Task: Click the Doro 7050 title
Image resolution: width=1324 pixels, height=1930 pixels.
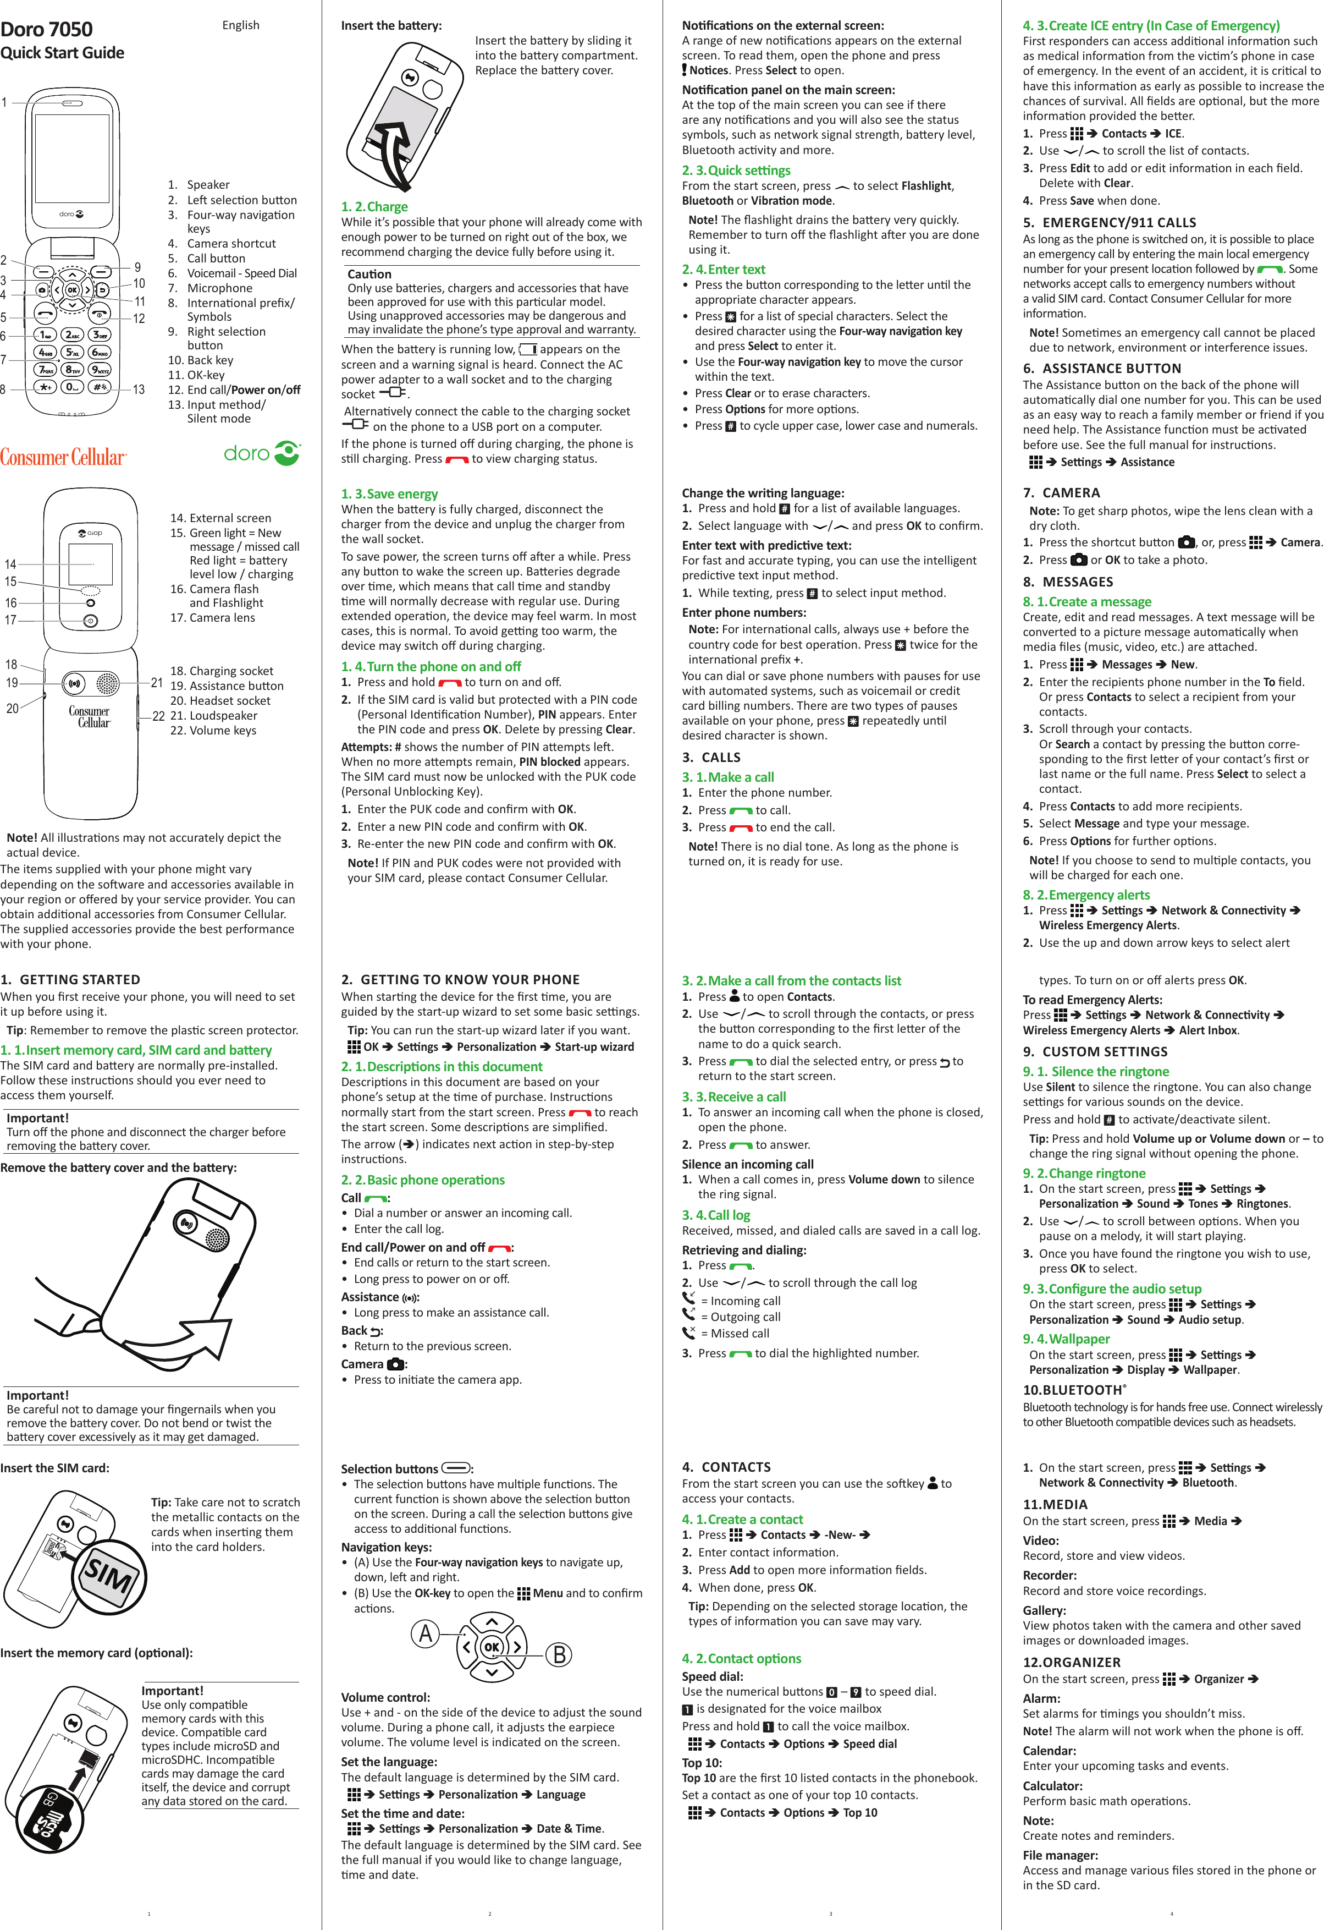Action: (47, 29)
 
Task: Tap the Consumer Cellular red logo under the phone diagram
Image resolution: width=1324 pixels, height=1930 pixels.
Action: (63, 457)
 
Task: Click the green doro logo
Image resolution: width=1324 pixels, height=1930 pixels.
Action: (262, 453)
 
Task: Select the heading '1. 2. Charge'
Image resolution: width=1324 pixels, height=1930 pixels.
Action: (374, 207)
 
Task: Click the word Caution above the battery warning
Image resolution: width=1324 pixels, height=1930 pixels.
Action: (369, 274)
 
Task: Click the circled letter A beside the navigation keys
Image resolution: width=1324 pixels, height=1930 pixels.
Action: (426, 1633)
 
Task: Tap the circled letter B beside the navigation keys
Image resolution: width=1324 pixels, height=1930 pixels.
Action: (559, 1655)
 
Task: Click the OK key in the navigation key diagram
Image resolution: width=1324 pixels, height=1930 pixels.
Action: (492, 1646)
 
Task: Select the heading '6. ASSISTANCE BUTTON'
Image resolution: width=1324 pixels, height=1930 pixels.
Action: (1101, 369)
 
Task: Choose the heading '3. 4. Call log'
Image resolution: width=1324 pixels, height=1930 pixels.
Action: (715, 1215)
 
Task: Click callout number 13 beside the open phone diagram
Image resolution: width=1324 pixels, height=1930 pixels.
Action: (139, 390)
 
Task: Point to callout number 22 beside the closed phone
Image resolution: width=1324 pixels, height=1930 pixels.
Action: (158, 716)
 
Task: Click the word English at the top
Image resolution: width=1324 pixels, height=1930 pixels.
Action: (241, 25)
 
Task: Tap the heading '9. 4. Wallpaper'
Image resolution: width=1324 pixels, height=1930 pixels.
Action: (1066, 1339)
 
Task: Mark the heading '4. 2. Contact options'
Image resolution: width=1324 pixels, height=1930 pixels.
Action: (741, 1658)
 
